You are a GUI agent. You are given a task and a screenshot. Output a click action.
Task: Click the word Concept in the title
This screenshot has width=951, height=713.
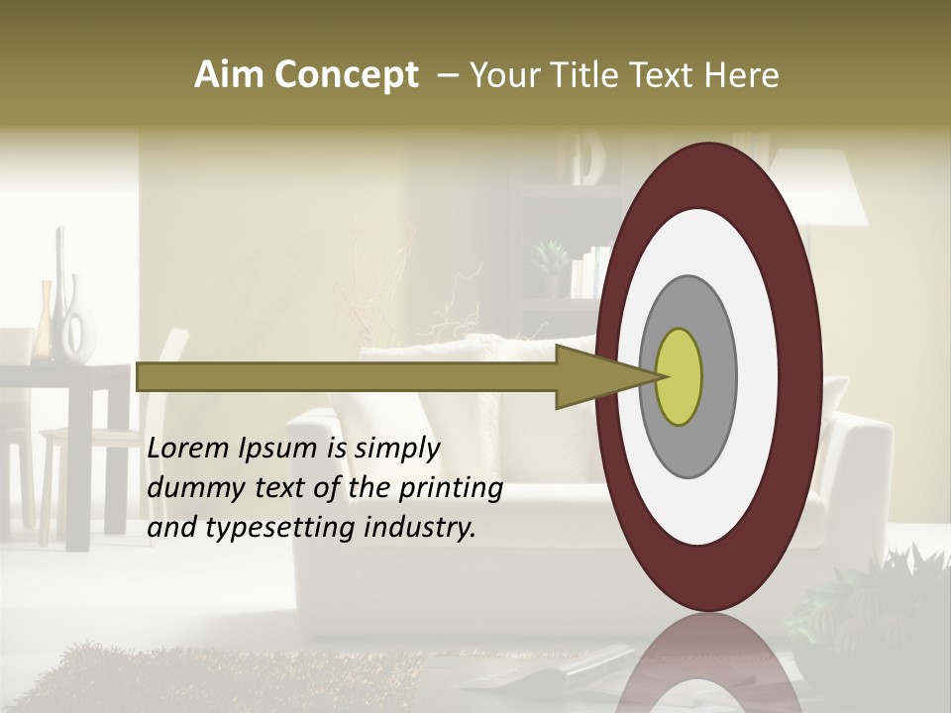(346, 75)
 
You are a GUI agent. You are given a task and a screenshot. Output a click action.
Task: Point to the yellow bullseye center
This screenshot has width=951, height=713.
(679, 376)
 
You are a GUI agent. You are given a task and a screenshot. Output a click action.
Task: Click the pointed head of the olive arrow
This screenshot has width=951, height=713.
(604, 376)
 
